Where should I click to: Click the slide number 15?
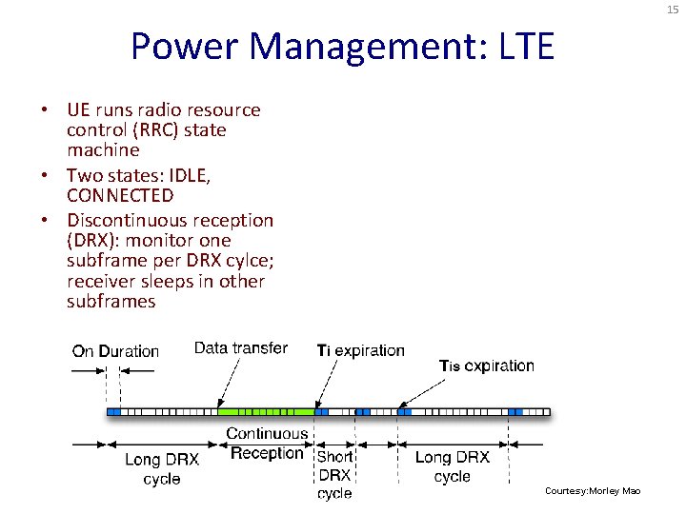pos(672,10)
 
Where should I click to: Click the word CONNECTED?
pos(120,196)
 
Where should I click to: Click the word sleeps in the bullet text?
pos(167,282)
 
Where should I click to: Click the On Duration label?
pos(115,351)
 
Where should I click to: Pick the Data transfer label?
pos(240,348)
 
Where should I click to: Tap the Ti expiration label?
pos(360,350)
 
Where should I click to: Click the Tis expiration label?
pos(486,366)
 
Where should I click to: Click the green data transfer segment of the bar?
pos(266,411)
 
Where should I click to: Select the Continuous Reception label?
pos(267,444)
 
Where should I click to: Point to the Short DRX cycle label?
pos(334,475)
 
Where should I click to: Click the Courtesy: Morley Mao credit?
pos(593,490)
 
